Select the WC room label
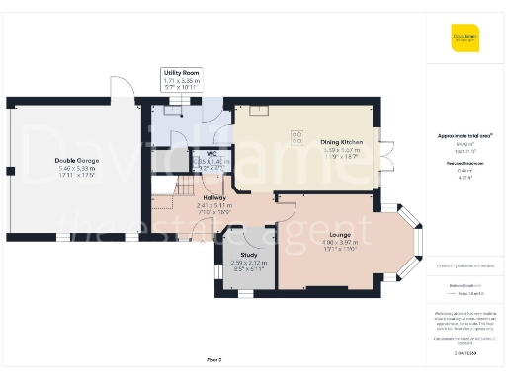[x=210, y=153]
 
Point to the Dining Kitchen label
[x=343, y=142]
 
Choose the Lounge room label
[x=338, y=233]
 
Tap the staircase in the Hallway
[x=169, y=187]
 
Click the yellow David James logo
[x=464, y=40]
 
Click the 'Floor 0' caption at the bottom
[x=213, y=360]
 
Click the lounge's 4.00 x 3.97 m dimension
[x=338, y=242]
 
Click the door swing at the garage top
[x=122, y=89]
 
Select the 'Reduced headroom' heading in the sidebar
[x=464, y=161]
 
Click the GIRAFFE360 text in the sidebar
[x=464, y=351]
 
